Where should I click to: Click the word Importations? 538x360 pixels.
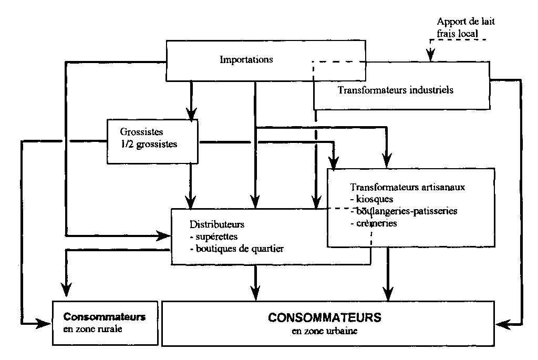click(246, 59)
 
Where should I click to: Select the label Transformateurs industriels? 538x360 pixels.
click(396, 89)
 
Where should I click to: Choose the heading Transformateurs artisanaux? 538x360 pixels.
click(408, 187)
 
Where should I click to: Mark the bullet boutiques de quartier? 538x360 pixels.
click(236, 249)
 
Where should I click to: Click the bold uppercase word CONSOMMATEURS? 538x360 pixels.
click(324, 318)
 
